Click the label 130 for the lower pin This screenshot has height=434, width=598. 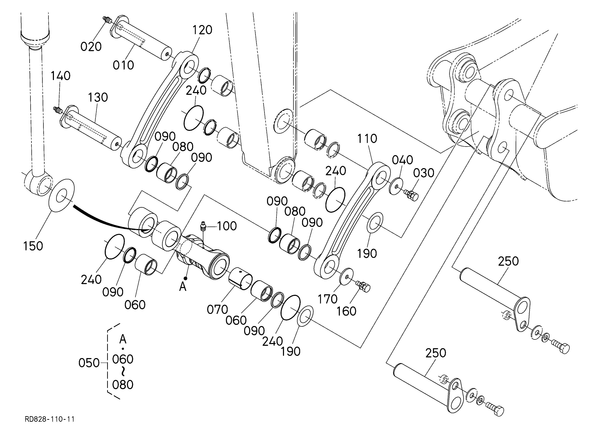coord(98,98)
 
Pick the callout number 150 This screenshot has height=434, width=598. coord(33,246)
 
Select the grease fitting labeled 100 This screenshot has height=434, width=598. coord(203,226)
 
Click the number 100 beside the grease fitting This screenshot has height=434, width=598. coord(227,226)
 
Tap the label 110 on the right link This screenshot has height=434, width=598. coord(367,139)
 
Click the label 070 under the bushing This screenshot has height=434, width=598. coord(217,310)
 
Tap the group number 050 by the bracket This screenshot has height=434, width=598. coord(89,363)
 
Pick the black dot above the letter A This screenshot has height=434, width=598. coord(186,278)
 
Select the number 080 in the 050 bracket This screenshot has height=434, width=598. coord(123,385)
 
